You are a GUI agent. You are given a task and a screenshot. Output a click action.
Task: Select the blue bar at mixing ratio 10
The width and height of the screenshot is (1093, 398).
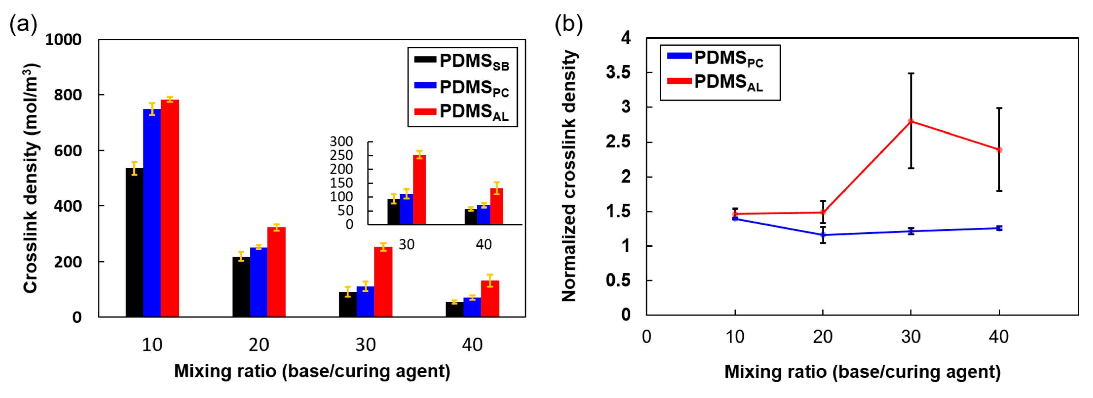click(x=152, y=213)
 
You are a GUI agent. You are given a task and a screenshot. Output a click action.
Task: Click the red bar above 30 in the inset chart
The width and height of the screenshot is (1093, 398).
click(x=419, y=190)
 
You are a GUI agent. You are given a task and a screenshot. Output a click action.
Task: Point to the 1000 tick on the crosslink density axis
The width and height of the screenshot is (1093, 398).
click(x=63, y=40)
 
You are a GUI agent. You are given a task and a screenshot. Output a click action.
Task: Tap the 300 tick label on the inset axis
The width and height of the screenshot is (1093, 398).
click(x=341, y=141)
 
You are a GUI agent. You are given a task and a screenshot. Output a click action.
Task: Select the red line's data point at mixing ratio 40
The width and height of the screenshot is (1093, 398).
click(x=999, y=150)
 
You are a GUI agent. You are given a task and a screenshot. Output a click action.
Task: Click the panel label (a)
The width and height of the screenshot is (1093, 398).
click(x=23, y=24)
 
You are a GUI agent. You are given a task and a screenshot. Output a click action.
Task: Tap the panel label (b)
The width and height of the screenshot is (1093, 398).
click(x=569, y=24)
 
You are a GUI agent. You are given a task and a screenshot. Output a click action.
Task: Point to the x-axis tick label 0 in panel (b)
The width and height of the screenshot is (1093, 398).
click(x=646, y=337)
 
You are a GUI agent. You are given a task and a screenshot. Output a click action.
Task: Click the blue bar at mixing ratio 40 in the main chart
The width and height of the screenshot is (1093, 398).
click(x=472, y=307)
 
